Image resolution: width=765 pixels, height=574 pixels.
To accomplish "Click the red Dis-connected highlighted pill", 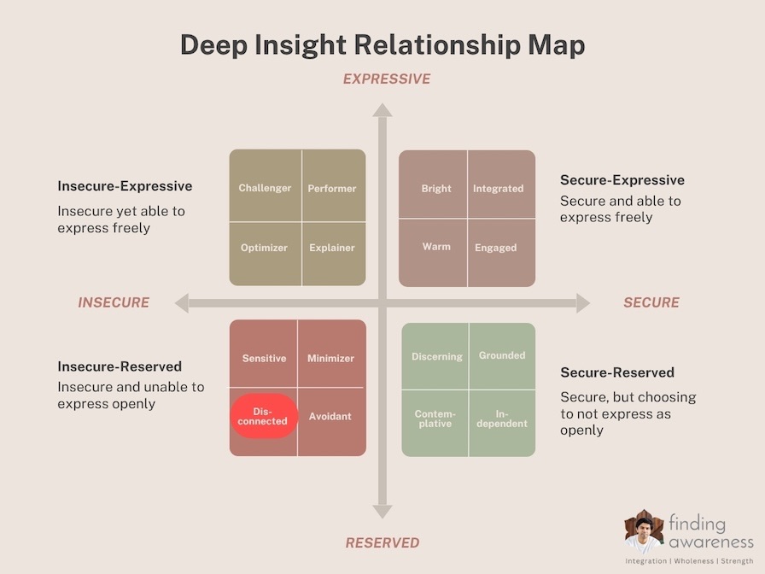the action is pyautogui.click(x=264, y=416).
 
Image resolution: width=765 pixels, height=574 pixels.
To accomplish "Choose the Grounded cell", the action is pyautogui.click(x=503, y=356).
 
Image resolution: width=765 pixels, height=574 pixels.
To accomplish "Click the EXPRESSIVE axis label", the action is pyautogui.click(x=387, y=79).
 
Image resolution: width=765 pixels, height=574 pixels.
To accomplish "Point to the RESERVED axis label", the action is pyautogui.click(x=382, y=542).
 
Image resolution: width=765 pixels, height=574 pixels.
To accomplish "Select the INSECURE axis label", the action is pyautogui.click(x=114, y=302).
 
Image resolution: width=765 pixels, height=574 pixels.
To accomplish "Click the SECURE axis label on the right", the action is pyautogui.click(x=651, y=302).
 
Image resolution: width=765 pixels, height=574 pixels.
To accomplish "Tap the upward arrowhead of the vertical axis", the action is pyautogui.click(x=382, y=110).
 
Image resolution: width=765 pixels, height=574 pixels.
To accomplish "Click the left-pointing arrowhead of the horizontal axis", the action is pyautogui.click(x=182, y=303).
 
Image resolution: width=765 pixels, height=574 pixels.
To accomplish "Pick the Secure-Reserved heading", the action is pyautogui.click(x=617, y=372).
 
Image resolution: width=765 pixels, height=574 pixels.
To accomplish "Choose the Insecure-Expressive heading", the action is pyautogui.click(x=125, y=186).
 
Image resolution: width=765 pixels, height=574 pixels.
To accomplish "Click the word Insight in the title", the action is pyautogui.click(x=301, y=45).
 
